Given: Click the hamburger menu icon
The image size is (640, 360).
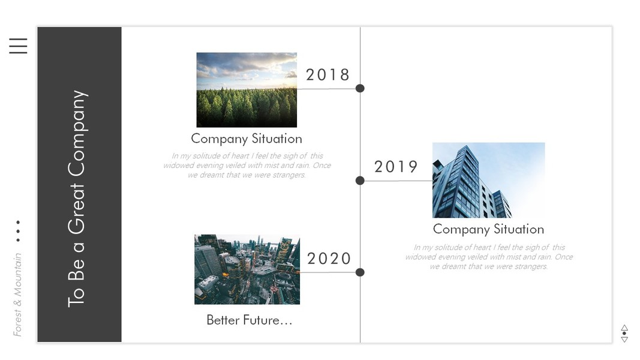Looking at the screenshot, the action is point(19,46).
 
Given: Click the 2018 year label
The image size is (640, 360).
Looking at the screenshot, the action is point(327,74).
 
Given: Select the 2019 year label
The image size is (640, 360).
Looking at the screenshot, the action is point(396,167).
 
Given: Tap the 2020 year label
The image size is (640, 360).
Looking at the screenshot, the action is point(329,259).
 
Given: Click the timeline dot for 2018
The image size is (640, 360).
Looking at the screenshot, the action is point(360,88).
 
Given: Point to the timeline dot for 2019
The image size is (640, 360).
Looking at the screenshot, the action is point(360,181).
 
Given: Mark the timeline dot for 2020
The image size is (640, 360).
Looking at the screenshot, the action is point(360,272).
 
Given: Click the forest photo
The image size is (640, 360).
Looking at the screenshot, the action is point(247,90).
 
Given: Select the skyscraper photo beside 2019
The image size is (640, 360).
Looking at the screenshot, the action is point(489,180).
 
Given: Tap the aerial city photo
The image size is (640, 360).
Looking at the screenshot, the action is point(247,269).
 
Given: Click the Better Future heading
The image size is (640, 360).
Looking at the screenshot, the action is point(250,320).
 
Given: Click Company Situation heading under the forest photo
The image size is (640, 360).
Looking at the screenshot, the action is point(247,139).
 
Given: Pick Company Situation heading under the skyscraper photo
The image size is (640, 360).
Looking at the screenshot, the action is point(489,229).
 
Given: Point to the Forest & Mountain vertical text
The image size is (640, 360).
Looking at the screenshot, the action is point(17,295).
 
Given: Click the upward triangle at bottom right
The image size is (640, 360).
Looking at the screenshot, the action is point(624,328).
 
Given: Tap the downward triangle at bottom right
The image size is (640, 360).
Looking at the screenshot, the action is point(624,340).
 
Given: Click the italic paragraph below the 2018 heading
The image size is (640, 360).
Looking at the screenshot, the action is point(247,166).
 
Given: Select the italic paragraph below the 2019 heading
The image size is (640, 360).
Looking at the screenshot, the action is point(489,257).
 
